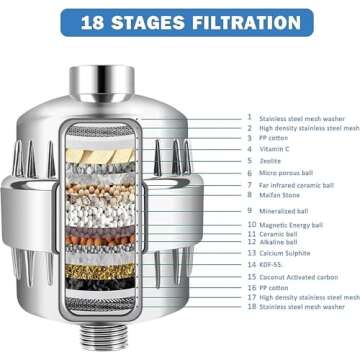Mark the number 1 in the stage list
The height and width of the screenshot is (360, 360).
[x=251, y=116]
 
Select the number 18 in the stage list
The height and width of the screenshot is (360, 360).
[x=251, y=307]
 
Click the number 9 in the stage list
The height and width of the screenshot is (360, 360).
[x=251, y=211]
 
